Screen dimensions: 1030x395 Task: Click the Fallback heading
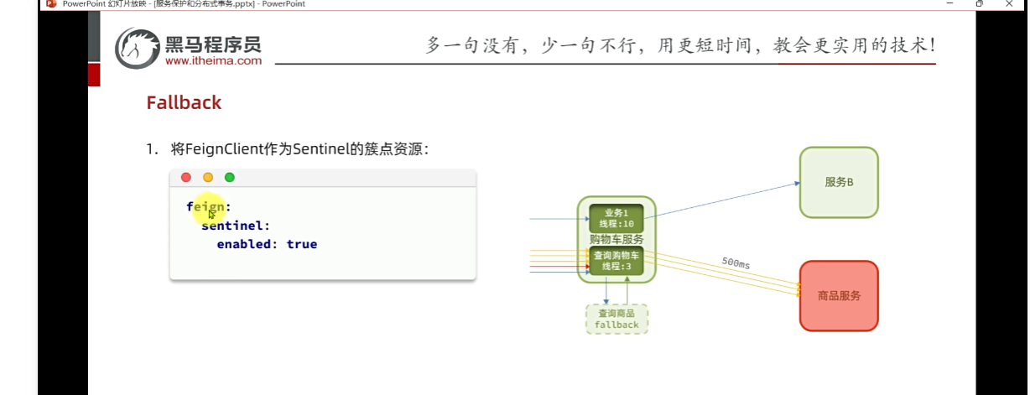click(x=184, y=102)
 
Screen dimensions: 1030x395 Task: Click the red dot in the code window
click(x=186, y=178)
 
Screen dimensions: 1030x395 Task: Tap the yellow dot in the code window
click(x=208, y=178)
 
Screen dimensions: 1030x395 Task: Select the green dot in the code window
click(x=230, y=178)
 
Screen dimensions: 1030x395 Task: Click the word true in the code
click(x=302, y=244)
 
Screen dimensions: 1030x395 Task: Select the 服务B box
click(x=839, y=182)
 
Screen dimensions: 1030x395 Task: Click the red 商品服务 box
click(x=839, y=295)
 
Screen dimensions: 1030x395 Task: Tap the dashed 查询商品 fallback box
click(x=616, y=320)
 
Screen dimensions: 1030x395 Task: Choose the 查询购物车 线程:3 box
click(x=616, y=261)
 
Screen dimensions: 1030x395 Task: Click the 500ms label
click(x=736, y=262)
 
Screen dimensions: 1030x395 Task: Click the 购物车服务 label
click(x=616, y=240)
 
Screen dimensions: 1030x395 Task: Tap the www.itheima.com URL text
click(x=213, y=60)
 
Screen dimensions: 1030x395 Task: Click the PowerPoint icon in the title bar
click(x=51, y=4)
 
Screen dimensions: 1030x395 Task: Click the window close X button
click(x=1009, y=4)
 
